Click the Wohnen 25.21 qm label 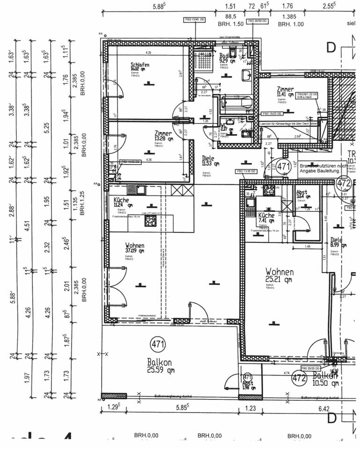279,272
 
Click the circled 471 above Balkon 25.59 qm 158,345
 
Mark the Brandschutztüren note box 323,168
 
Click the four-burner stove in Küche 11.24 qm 150,222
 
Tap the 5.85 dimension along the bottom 180,408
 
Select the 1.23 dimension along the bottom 251,408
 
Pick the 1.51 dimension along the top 230,6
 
